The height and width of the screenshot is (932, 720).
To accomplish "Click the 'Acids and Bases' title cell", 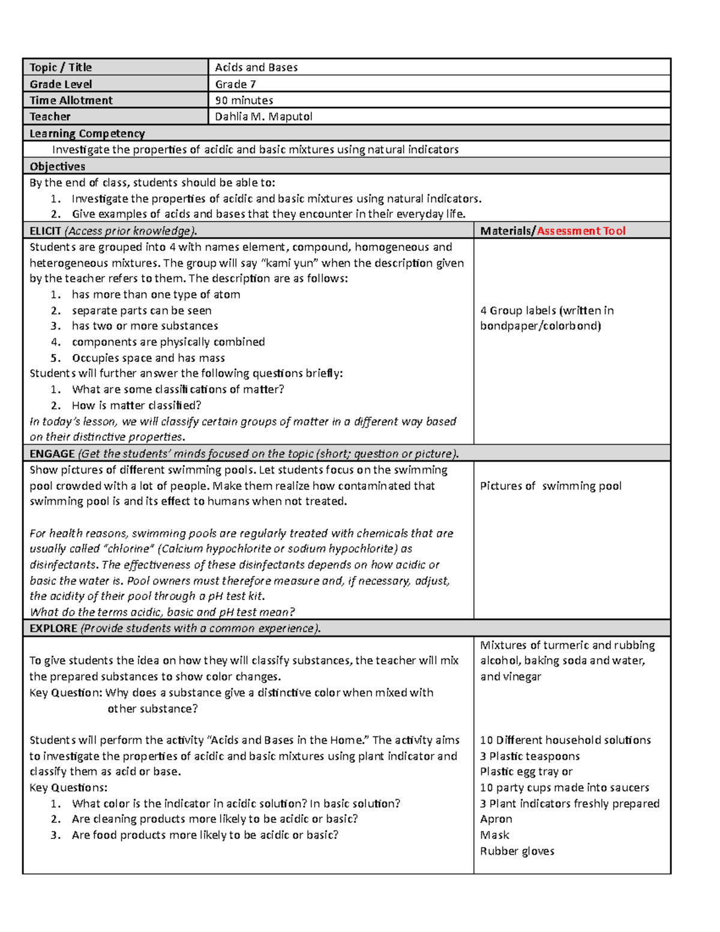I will point(256,67).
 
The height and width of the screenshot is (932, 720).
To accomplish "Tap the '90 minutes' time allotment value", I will point(244,100).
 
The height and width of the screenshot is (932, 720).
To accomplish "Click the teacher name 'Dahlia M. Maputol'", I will point(263,116).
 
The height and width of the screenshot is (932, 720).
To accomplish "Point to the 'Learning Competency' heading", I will point(87,133).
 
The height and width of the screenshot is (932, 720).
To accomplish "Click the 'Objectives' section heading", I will point(58,166).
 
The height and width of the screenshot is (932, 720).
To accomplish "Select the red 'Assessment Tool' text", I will point(581,230).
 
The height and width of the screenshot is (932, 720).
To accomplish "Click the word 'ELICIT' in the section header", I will point(46,230).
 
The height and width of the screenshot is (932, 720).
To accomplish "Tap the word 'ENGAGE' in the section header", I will point(52,454).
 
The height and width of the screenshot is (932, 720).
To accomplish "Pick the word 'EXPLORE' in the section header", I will point(53,628).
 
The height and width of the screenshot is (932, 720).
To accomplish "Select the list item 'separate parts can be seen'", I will point(142,310).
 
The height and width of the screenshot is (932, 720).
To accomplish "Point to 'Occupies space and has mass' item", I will point(148,358).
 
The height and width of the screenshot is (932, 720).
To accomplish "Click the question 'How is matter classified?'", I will point(136,405).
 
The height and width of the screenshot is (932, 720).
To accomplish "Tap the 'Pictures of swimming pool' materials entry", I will point(550,486).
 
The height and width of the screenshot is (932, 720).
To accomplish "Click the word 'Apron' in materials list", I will point(496,819).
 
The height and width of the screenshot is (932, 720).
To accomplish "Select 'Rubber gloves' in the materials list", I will point(517,851).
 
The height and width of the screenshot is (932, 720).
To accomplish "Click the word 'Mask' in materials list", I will point(494,835).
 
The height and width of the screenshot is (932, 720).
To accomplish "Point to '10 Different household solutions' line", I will point(565,740).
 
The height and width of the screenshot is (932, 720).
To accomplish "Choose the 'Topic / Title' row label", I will point(61,67).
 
